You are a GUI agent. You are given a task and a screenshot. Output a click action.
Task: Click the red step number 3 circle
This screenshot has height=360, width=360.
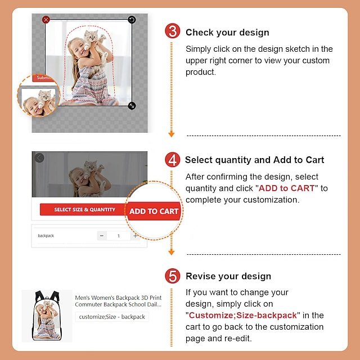[x=173, y=31]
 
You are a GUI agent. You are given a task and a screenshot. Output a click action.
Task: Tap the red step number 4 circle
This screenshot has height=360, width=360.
[x=173, y=160]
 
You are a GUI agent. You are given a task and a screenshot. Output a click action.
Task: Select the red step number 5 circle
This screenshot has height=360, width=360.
[x=173, y=276]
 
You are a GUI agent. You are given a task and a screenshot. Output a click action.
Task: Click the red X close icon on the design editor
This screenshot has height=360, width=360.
[x=46, y=20]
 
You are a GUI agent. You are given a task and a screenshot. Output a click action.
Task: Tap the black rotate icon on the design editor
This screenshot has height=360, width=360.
[x=132, y=20]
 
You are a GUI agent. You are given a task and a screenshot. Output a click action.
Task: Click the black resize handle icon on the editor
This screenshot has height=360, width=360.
[x=132, y=106]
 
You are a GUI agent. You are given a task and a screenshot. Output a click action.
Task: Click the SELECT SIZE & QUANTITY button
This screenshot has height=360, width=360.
[x=84, y=209]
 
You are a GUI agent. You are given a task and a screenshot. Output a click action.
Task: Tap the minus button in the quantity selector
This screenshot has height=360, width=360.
[x=102, y=236]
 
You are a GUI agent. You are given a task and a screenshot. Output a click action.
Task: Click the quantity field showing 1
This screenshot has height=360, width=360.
[x=119, y=236]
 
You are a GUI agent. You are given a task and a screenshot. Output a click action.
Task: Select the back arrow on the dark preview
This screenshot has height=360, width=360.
[x=39, y=157]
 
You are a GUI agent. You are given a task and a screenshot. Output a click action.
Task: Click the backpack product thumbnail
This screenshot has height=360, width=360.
[x=47, y=316]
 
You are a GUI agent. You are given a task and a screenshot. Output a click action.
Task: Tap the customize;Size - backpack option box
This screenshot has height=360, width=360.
[x=112, y=317]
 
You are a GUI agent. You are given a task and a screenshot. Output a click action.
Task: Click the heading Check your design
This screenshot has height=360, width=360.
[x=227, y=33]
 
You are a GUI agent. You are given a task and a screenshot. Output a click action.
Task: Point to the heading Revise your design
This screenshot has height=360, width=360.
[x=228, y=276]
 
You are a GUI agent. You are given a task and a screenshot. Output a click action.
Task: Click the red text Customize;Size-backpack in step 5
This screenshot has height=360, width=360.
[x=243, y=315]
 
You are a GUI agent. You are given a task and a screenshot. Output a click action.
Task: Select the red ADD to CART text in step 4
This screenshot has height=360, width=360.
[x=286, y=188]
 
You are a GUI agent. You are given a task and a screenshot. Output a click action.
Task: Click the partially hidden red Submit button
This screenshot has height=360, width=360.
[x=43, y=78]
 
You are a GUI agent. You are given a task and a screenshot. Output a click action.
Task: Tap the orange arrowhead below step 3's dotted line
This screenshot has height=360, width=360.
[x=171, y=134]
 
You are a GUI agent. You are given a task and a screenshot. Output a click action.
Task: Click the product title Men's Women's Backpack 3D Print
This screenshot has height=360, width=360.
[x=118, y=298]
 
